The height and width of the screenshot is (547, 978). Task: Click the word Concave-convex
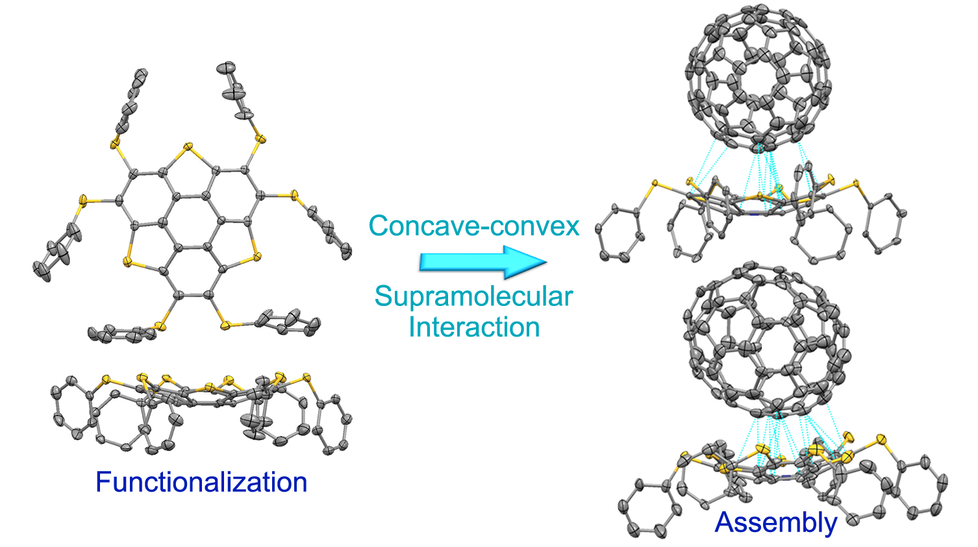click(x=473, y=226)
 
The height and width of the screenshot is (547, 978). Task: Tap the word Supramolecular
click(x=473, y=297)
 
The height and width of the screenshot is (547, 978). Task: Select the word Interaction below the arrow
click(x=473, y=327)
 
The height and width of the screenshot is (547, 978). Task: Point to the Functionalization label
click(x=201, y=482)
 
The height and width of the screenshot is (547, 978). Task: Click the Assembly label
click(x=776, y=522)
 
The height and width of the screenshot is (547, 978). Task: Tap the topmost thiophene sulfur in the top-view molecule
click(x=188, y=147)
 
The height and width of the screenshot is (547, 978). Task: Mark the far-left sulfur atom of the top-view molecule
click(x=82, y=200)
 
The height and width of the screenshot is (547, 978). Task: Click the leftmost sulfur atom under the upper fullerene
click(x=653, y=184)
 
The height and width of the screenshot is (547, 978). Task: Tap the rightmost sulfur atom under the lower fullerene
click(x=881, y=440)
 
